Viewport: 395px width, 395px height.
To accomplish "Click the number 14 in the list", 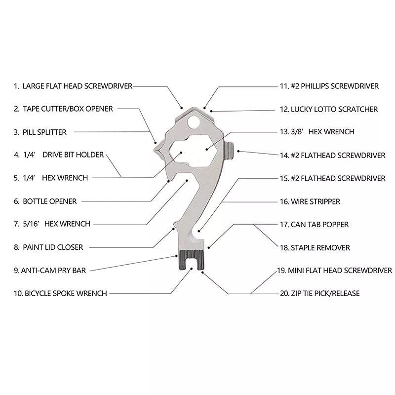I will pos(284,155).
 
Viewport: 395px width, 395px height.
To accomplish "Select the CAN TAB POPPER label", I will pos(319,224).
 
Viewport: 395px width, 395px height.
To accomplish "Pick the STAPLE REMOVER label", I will pos(320,247).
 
